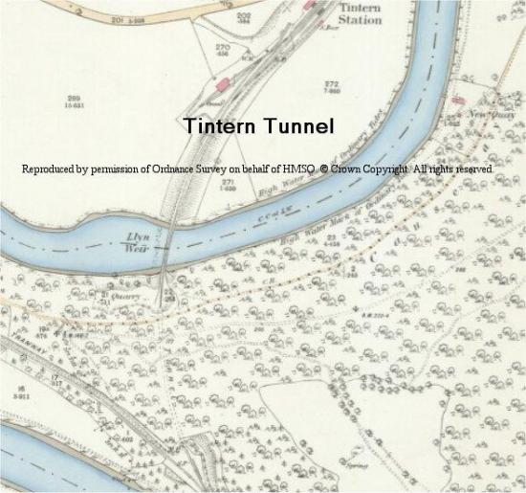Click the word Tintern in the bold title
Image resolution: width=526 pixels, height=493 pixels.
pyautogui.click(x=217, y=126)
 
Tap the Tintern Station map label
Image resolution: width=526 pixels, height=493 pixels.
pyautogui.click(x=360, y=13)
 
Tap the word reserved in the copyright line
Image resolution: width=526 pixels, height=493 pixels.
pyautogui.click(x=473, y=169)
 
